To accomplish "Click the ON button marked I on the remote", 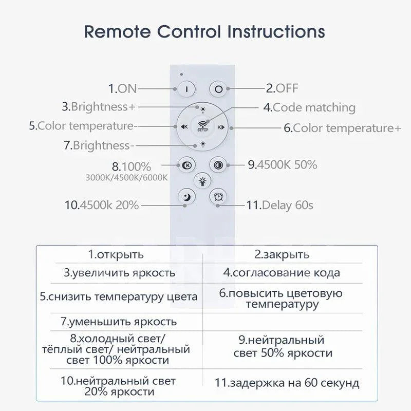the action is pos(186,89).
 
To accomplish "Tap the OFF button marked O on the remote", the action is pos(218,89).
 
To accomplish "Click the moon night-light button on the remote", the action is pos(186,196).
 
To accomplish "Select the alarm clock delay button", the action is pos(218,196).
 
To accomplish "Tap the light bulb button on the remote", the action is pos(202,181).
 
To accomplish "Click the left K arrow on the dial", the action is pos(184,127).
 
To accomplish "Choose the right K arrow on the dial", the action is pos(221,127).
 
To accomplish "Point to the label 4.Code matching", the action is pos(309,107).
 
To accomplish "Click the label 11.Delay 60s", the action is pos(279,205).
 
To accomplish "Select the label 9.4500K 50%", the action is pos(283,164).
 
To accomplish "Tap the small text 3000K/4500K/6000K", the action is pos(126,178).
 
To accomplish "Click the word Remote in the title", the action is pos(117,32).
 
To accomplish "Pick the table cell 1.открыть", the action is pos(116,254).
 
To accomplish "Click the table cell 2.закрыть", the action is pos(282,254).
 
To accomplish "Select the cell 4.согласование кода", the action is pos(282,273).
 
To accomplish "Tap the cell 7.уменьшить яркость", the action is pos(119,322).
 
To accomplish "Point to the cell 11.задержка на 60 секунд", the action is pos(287,383).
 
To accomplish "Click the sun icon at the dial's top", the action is pos(203,110).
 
